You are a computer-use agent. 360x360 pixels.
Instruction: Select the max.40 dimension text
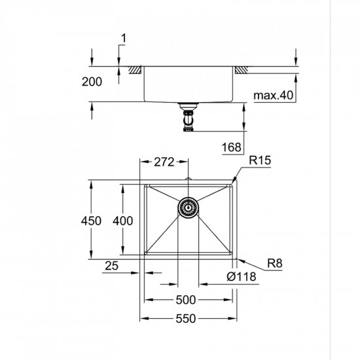tap(274, 96)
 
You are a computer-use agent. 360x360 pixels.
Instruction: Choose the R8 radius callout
tap(274, 264)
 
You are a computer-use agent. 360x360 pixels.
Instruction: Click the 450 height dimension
tap(91, 221)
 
